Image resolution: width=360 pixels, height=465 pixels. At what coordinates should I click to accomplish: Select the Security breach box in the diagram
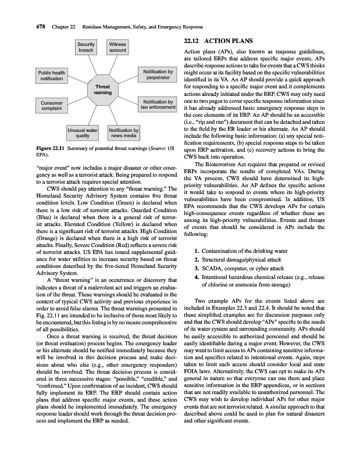point(87,48)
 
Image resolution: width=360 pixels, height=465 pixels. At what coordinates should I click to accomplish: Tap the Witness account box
point(117,48)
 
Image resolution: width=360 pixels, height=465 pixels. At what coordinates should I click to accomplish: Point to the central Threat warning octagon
point(103,90)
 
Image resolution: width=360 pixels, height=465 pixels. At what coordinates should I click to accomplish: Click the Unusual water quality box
point(81,133)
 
